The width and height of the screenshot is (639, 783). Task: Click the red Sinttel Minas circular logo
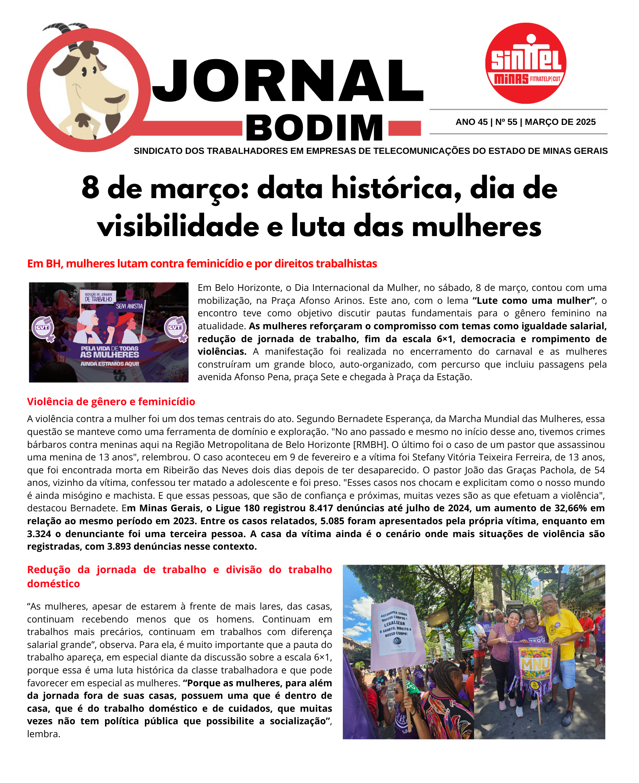(525, 63)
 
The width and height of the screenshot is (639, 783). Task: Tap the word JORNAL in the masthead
(288, 81)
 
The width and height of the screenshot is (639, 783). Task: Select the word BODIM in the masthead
(315, 128)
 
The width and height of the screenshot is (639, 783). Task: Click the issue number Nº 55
(506, 122)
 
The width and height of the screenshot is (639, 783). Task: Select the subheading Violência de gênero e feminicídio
(111, 402)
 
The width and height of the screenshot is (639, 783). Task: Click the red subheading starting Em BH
(202, 263)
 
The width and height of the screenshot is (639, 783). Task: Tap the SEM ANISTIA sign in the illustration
(129, 306)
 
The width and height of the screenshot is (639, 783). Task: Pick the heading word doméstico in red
(53, 584)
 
